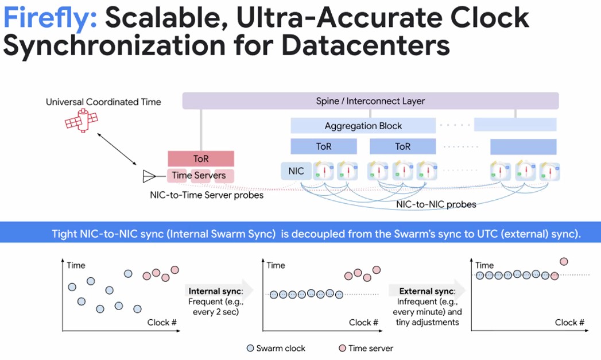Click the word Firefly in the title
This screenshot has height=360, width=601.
[49, 18]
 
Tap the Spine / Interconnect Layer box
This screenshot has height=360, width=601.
[370, 101]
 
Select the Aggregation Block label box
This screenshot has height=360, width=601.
[363, 126]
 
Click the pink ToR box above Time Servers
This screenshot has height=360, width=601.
[200, 158]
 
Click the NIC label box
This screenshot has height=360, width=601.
[296, 171]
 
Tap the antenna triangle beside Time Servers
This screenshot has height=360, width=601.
[149, 176]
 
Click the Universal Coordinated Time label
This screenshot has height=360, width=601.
[103, 102]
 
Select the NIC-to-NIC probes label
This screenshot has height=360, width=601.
[436, 204]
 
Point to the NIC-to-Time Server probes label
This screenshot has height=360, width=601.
[207, 195]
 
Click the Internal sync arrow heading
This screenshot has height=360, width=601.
[212, 291]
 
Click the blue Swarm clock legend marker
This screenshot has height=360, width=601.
[250, 348]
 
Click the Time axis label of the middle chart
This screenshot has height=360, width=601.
[276, 265]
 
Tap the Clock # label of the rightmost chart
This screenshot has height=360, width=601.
[569, 323]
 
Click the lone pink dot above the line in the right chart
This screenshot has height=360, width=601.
[563, 261]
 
